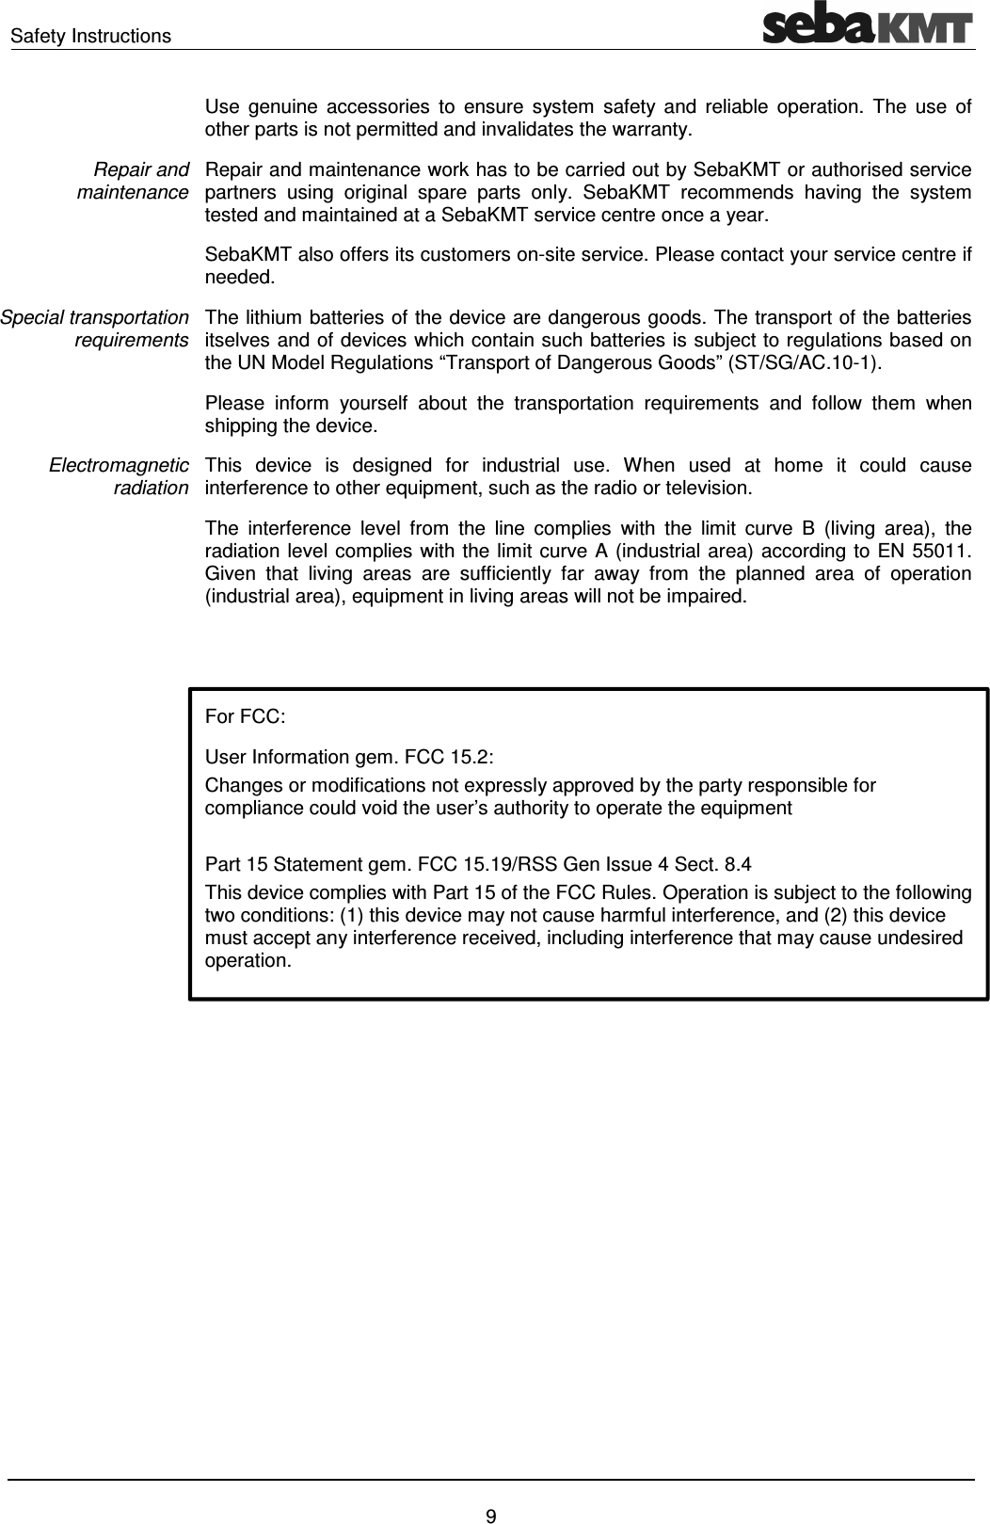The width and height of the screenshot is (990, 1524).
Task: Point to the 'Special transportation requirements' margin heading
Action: tap(94, 329)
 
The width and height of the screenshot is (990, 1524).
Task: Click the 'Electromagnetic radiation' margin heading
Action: tap(119, 476)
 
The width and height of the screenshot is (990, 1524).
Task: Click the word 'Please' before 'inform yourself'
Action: tap(232, 404)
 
